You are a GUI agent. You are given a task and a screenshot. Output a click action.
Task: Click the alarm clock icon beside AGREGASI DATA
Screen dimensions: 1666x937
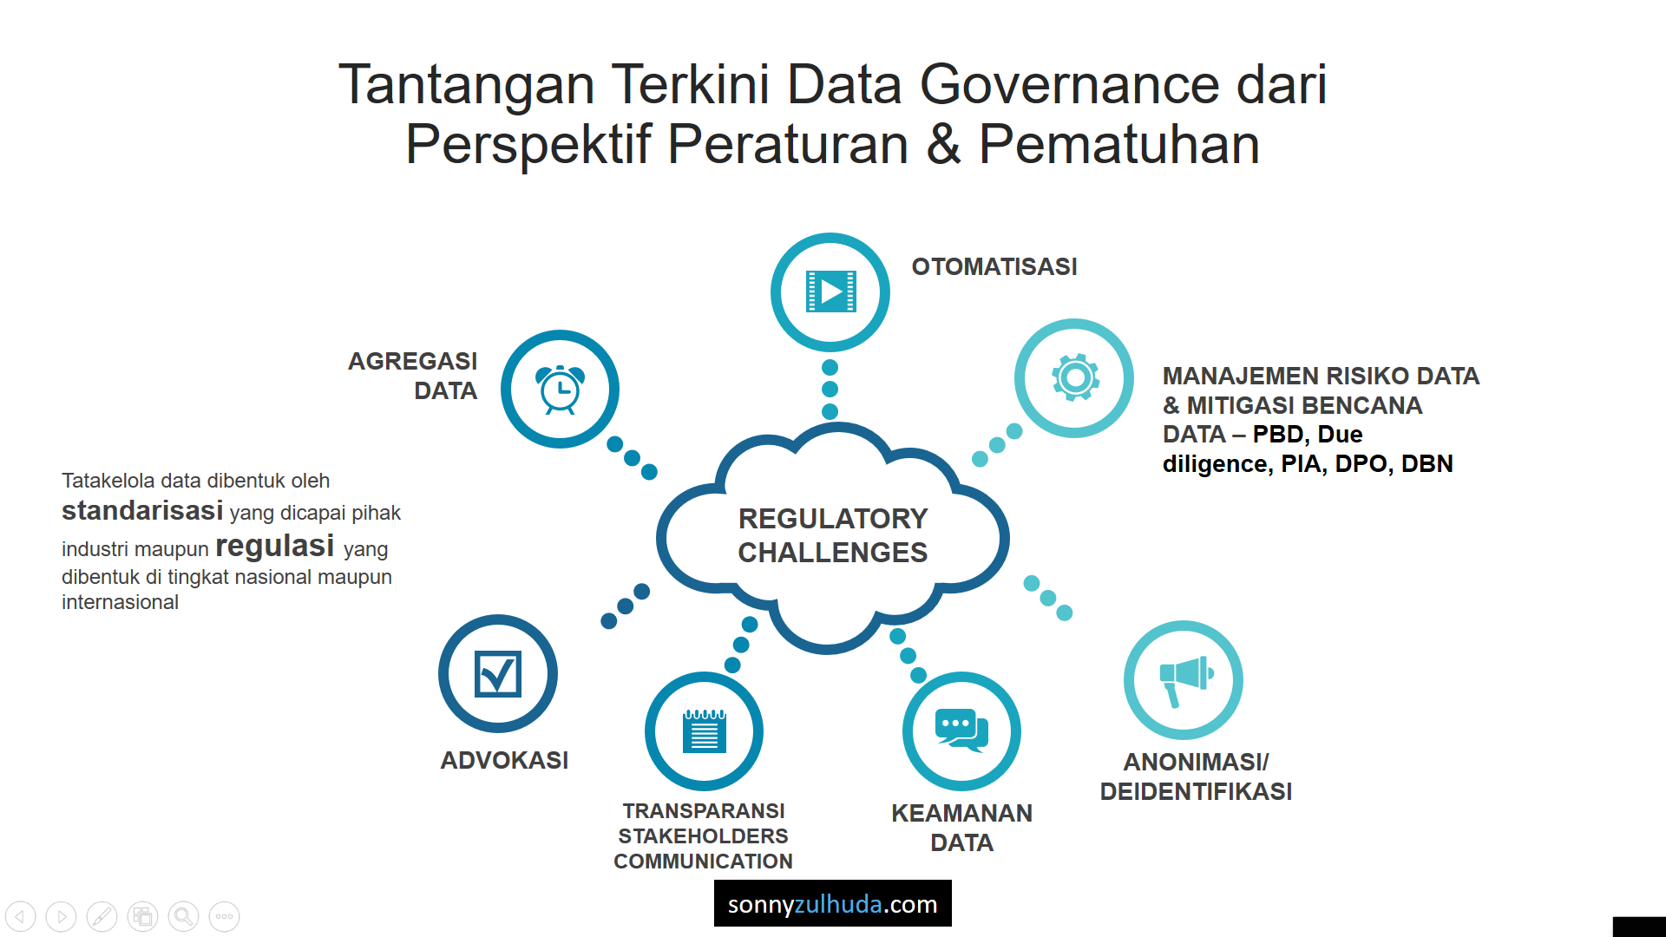[x=561, y=390]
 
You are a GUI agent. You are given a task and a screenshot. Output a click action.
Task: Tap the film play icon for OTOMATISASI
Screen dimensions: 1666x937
[x=830, y=292]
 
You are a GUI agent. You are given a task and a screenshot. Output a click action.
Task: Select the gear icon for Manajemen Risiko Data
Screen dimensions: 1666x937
[x=1075, y=377]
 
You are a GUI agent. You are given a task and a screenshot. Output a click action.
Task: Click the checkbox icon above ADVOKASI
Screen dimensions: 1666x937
[x=498, y=674]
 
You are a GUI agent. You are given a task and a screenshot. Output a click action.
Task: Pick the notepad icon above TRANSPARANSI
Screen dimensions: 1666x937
[x=705, y=731]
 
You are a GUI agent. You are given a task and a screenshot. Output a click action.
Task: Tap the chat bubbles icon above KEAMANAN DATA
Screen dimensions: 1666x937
[x=961, y=730]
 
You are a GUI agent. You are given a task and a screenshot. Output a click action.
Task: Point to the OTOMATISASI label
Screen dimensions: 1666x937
[x=994, y=266]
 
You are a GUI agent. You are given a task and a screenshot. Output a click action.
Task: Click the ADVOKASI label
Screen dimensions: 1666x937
[x=504, y=760]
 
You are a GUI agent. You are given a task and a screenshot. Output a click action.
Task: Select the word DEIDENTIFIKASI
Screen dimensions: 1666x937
[x=1196, y=791]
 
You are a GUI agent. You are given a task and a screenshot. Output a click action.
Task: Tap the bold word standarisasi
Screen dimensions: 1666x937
[x=142, y=510]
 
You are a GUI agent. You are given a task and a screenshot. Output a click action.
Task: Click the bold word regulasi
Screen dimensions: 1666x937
[x=275, y=546]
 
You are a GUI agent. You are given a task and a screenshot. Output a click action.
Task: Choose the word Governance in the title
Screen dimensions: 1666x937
[x=1070, y=84]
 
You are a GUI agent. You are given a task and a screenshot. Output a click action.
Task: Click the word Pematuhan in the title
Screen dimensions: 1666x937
[x=1119, y=144]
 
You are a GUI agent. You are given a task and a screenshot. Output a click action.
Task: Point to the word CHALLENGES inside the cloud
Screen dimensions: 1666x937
[x=833, y=552]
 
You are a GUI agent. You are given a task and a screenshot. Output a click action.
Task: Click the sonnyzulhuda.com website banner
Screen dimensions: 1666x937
[x=833, y=903]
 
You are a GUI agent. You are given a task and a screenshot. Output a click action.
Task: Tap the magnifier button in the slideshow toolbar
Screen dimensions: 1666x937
[x=183, y=916]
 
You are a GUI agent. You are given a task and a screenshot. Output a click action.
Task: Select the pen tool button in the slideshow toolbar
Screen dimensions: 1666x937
[x=102, y=916]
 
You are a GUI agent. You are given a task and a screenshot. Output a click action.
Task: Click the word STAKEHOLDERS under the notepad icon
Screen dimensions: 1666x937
[x=703, y=836]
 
